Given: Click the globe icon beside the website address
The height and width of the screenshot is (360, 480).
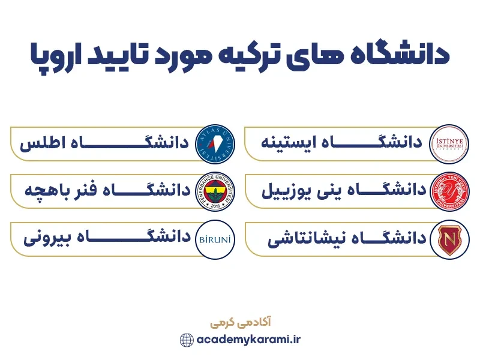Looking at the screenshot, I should (187, 340).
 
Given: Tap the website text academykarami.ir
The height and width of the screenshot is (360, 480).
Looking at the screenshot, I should (248, 340).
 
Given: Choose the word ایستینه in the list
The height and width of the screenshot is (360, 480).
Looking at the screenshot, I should (288, 143).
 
